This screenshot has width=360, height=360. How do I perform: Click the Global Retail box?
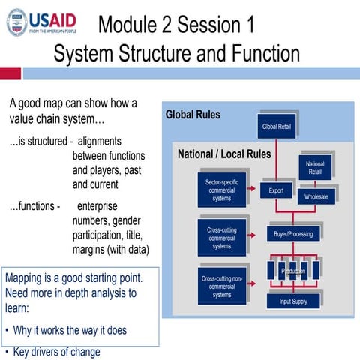point(277,126)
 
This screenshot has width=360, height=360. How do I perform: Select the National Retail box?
point(315,168)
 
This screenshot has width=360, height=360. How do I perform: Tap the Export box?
point(276,191)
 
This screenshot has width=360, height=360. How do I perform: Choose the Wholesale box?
point(315,196)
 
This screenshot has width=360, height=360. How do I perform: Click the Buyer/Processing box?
point(293,234)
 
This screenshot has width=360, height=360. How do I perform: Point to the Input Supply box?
point(293,301)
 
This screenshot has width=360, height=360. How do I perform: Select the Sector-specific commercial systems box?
point(222,190)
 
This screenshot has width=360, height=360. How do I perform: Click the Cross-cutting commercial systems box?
point(222,238)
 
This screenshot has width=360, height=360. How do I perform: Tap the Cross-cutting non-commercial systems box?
point(222,286)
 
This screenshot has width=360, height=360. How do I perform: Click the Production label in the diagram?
point(293,270)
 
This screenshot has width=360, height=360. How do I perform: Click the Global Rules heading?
point(193,115)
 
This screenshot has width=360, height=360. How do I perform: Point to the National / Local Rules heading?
point(223,155)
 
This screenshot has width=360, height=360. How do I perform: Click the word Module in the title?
point(130,25)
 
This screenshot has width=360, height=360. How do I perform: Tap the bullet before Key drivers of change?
point(7,352)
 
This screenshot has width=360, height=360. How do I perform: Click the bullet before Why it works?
point(7,331)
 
